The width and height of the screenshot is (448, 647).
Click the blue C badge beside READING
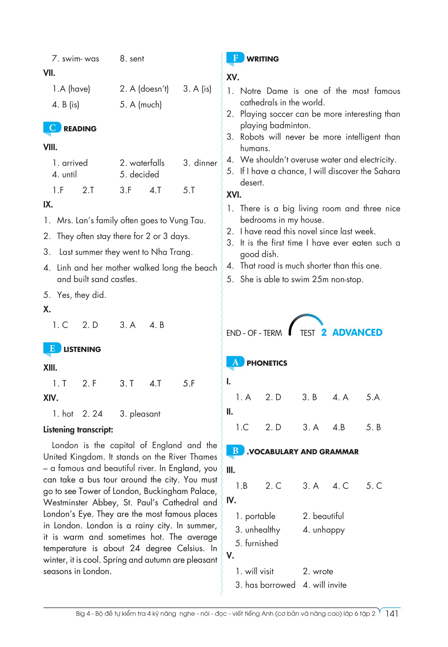[52, 128]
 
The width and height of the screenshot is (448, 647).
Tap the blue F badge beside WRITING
[235, 58]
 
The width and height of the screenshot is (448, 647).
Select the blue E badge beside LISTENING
[52, 348]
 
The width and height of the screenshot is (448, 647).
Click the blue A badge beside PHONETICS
[235, 362]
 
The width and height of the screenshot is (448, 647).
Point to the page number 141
[392, 613]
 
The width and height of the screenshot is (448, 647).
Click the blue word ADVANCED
[357, 332]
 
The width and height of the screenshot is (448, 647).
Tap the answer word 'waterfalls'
[147, 163]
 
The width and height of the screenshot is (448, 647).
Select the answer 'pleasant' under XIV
[145, 414]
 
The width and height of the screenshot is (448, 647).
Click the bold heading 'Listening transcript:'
[78, 430]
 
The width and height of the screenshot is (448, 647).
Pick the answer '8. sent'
[132, 59]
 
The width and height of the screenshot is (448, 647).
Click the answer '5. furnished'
[256, 543]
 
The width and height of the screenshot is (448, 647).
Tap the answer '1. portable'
[255, 516]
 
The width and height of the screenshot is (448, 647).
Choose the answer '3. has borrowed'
[265, 585]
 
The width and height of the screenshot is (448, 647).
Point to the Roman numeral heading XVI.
[234, 195]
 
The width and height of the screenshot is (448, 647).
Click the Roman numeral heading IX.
[48, 204]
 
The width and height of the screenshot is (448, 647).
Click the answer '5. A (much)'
[141, 105]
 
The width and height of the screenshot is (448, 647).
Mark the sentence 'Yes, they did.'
[81, 295]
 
